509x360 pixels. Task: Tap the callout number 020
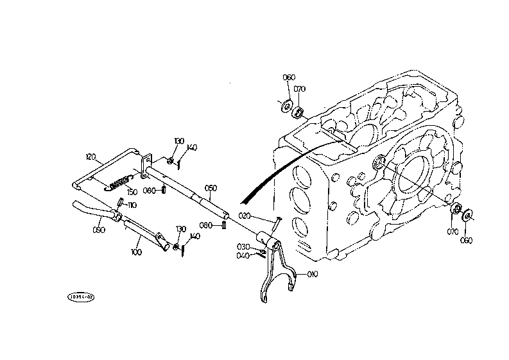pos(244,216)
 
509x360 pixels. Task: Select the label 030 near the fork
pos(243,246)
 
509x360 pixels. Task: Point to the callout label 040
pos(243,255)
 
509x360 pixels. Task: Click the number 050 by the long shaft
pos(211,187)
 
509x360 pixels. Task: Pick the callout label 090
pos(99,229)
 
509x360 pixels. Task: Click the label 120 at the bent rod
pos(91,156)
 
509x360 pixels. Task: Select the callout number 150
pos(132,191)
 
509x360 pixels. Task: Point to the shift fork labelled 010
pos(276,273)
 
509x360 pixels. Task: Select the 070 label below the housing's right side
pos(453,231)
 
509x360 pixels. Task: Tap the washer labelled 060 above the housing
pos(288,105)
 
